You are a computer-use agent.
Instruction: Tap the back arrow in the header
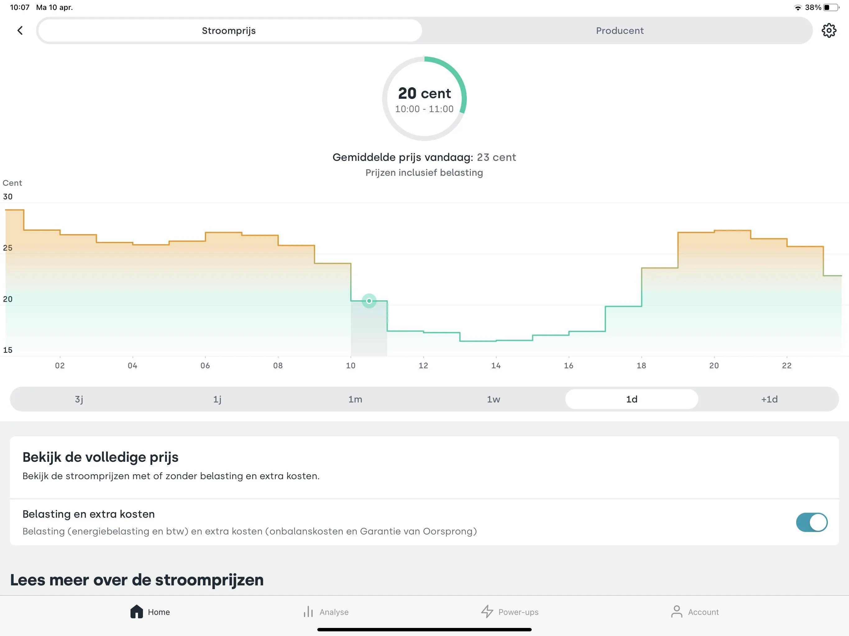tap(20, 30)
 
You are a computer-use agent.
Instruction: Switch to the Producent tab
tap(619, 31)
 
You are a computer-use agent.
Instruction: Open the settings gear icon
tap(829, 30)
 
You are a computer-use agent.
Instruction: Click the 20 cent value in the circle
tap(424, 93)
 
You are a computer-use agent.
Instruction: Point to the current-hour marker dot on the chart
tap(369, 301)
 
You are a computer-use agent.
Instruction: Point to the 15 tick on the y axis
tap(8, 350)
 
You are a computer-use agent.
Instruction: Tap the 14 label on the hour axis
tap(496, 366)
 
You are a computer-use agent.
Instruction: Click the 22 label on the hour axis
tap(787, 366)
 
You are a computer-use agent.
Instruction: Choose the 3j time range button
tap(79, 399)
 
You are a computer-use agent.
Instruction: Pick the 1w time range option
tap(493, 399)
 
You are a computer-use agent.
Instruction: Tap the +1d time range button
tap(769, 399)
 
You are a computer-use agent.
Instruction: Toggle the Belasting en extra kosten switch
tap(812, 522)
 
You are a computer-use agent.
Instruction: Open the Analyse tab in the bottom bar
tap(326, 612)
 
